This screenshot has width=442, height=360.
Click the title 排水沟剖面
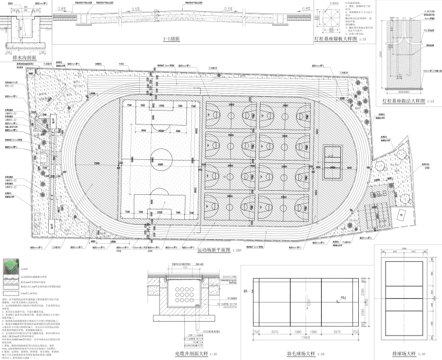tap(24, 58)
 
